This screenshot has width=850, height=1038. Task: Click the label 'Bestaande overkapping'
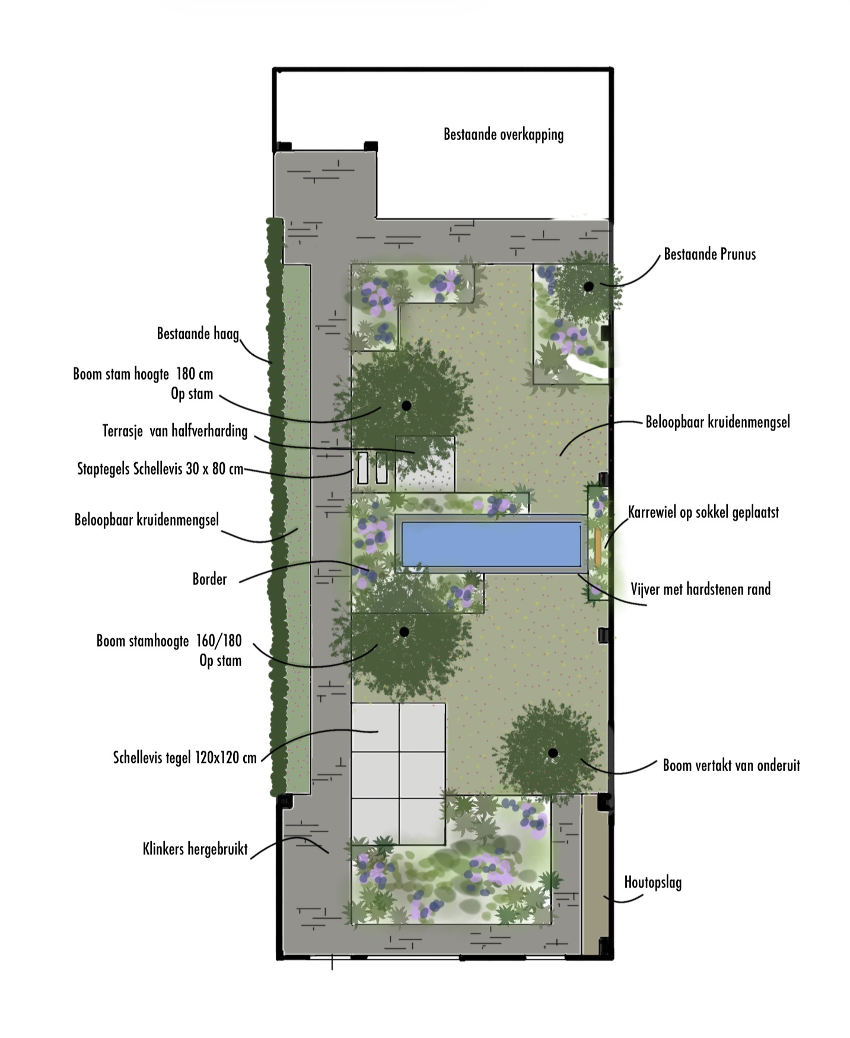pyautogui.click(x=504, y=135)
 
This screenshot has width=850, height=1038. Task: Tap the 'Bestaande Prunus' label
pyautogui.click(x=709, y=254)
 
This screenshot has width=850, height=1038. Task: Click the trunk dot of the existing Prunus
pyautogui.click(x=588, y=286)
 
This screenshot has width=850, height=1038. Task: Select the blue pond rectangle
pyautogui.click(x=492, y=544)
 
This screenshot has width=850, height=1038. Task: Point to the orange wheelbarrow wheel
pyautogui.click(x=598, y=546)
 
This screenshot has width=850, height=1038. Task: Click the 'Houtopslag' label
pyautogui.click(x=652, y=883)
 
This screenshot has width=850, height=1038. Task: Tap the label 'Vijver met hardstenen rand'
pyautogui.click(x=701, y=589)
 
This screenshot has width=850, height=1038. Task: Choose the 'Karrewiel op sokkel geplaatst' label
pyautogui.click(x=703, y=512)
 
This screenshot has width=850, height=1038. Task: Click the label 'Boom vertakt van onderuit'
pyautogui.click(x=731, y=765)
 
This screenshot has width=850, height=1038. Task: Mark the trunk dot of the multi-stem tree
pyautogui.click(x=553, y=753)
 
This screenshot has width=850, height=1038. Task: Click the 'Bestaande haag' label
pyautogui.click(x=198, y=333)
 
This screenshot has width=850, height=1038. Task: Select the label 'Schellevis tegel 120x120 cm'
pyautogui.click(x=185, y=757)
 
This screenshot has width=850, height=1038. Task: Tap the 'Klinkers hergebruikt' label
pyautogui.click(x=195, y=849)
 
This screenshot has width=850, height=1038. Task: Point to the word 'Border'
pyautogui.click(x=209, y=579)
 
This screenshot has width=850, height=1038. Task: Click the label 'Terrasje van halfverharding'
pyautogui.click(x=175, y=431)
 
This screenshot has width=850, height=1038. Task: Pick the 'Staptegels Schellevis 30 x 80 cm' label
pyautogui.click(x=160, y=469)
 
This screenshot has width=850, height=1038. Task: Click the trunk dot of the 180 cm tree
pyautogui.click(x=406, y=406)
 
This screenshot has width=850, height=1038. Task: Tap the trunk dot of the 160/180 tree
pyautogui.click(x=405, y=632)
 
